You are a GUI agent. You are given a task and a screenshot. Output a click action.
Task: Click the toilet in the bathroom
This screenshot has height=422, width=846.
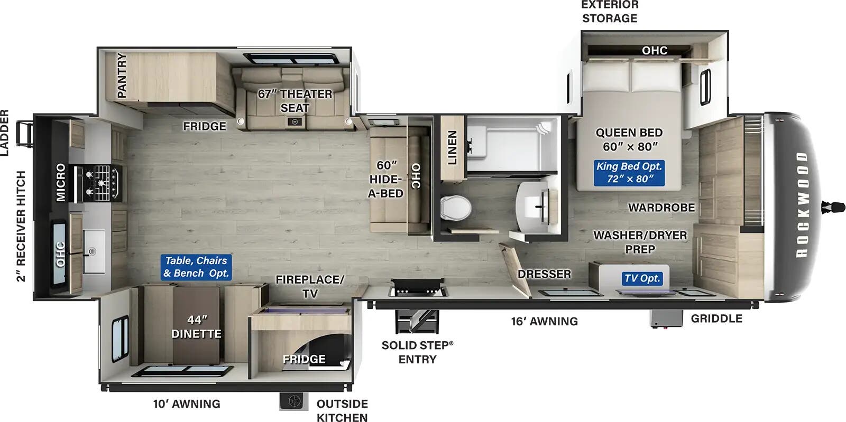(455, 207)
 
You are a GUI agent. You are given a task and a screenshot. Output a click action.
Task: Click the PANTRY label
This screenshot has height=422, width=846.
(122, 75)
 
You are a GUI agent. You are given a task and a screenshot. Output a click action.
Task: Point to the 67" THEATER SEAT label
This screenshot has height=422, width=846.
(295, 100)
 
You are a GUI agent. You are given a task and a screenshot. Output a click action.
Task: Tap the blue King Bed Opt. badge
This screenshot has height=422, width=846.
(629, 173)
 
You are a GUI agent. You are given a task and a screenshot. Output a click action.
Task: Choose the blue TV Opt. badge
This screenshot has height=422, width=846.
(642, 278)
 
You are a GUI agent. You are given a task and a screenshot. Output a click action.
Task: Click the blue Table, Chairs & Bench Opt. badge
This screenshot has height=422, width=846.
(196, 267)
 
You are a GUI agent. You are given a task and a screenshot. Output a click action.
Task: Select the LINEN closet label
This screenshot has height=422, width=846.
(452, 148)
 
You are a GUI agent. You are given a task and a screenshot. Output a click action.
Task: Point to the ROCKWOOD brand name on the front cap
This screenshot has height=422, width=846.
(802, 204)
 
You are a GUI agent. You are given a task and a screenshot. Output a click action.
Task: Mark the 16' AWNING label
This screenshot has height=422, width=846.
(544, 321)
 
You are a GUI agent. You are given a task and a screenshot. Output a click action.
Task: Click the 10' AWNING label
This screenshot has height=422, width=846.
(187, 404)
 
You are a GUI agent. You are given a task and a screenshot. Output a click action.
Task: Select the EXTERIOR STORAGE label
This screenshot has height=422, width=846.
(610, 11)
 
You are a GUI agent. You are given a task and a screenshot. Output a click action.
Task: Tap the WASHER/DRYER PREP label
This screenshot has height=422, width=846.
(640, 242)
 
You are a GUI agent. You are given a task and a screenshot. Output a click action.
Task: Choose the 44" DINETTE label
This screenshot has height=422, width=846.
(196, 326)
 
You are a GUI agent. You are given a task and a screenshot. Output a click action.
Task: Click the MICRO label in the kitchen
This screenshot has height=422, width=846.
(60, 182)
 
